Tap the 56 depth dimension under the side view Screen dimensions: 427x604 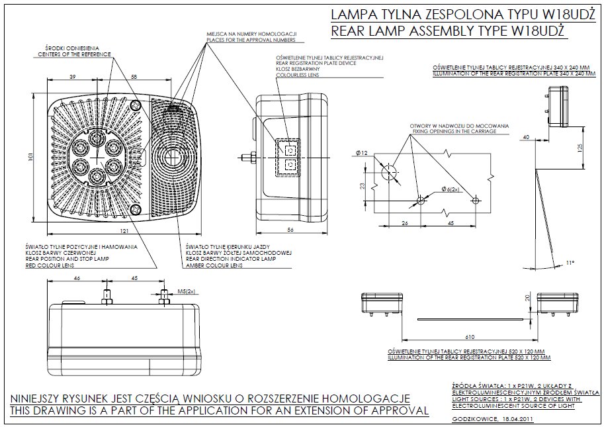[290, 230]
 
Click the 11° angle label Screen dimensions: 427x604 [570, 263]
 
